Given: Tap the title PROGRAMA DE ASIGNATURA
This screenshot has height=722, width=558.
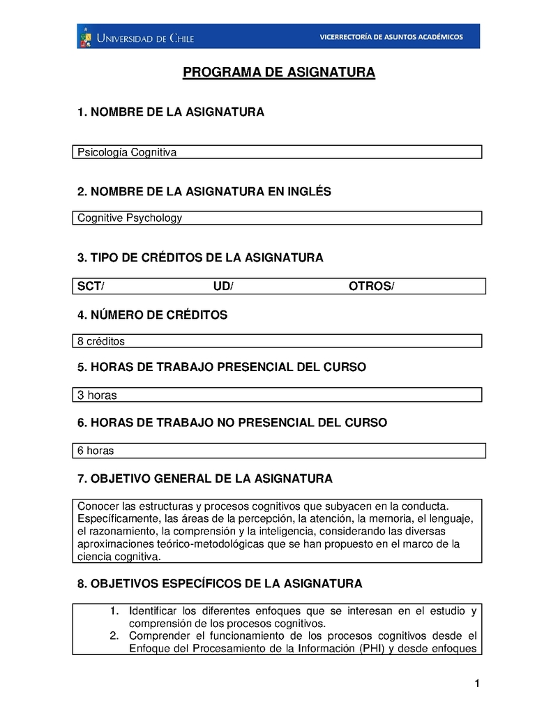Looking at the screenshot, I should [x=279, y=73].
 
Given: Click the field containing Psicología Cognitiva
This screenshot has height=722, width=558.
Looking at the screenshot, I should [x=277, y=152].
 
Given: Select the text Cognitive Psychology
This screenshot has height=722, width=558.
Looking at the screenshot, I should [x=130, y=218].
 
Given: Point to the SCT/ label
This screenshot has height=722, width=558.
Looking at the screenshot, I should [x=91, y=287].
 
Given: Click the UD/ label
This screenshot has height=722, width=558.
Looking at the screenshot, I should [x=223, y=287].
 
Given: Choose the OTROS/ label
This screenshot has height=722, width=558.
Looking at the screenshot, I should [x=371, y=287].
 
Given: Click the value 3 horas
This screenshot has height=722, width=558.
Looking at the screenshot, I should [x=97, y=396].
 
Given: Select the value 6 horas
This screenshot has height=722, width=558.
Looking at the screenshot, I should [x=96, y=451].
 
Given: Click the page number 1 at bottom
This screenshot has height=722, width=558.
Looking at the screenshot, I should [x=477, y=684].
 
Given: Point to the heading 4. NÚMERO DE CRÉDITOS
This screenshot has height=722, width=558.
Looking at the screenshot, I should [x=152, y=315].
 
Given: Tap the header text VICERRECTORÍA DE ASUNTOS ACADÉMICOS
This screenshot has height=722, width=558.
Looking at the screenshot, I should [x=391, y=36].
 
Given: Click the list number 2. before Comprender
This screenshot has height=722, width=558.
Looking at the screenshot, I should [x=115, y=635].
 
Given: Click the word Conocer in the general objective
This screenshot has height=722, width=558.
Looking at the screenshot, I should [x=98, y=505].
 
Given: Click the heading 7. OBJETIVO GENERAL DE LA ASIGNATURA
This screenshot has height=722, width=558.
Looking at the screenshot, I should [x=205, y=479].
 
